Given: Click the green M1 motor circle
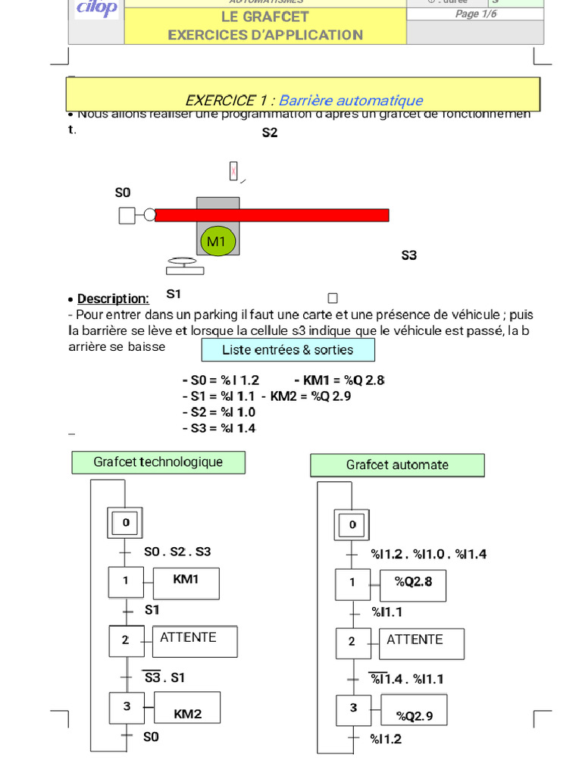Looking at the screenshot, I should (217, 241).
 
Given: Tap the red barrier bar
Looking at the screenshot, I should (271, 215).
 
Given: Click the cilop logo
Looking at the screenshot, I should (96, 8).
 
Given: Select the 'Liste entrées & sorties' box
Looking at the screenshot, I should (288, 350).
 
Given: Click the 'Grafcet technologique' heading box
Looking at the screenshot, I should (158, 462).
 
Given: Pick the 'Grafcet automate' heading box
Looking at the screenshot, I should (397, 465).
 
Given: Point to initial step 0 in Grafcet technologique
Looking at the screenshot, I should (126, 523).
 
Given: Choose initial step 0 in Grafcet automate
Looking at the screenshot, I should (352, 524).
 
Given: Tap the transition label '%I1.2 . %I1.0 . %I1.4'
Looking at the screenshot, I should (428, 555).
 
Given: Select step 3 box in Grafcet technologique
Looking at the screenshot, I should (127, 707).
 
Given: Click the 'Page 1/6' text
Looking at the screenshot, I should (476, 14).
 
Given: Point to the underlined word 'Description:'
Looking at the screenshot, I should (113, 299).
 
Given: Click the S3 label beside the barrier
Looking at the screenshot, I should (409, 255).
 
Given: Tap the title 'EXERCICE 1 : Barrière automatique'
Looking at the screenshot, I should (303, 101).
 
